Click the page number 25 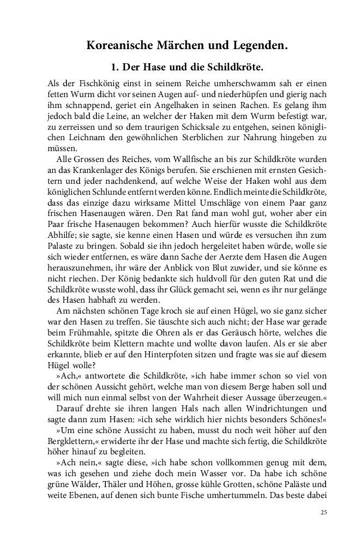(324, 528)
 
